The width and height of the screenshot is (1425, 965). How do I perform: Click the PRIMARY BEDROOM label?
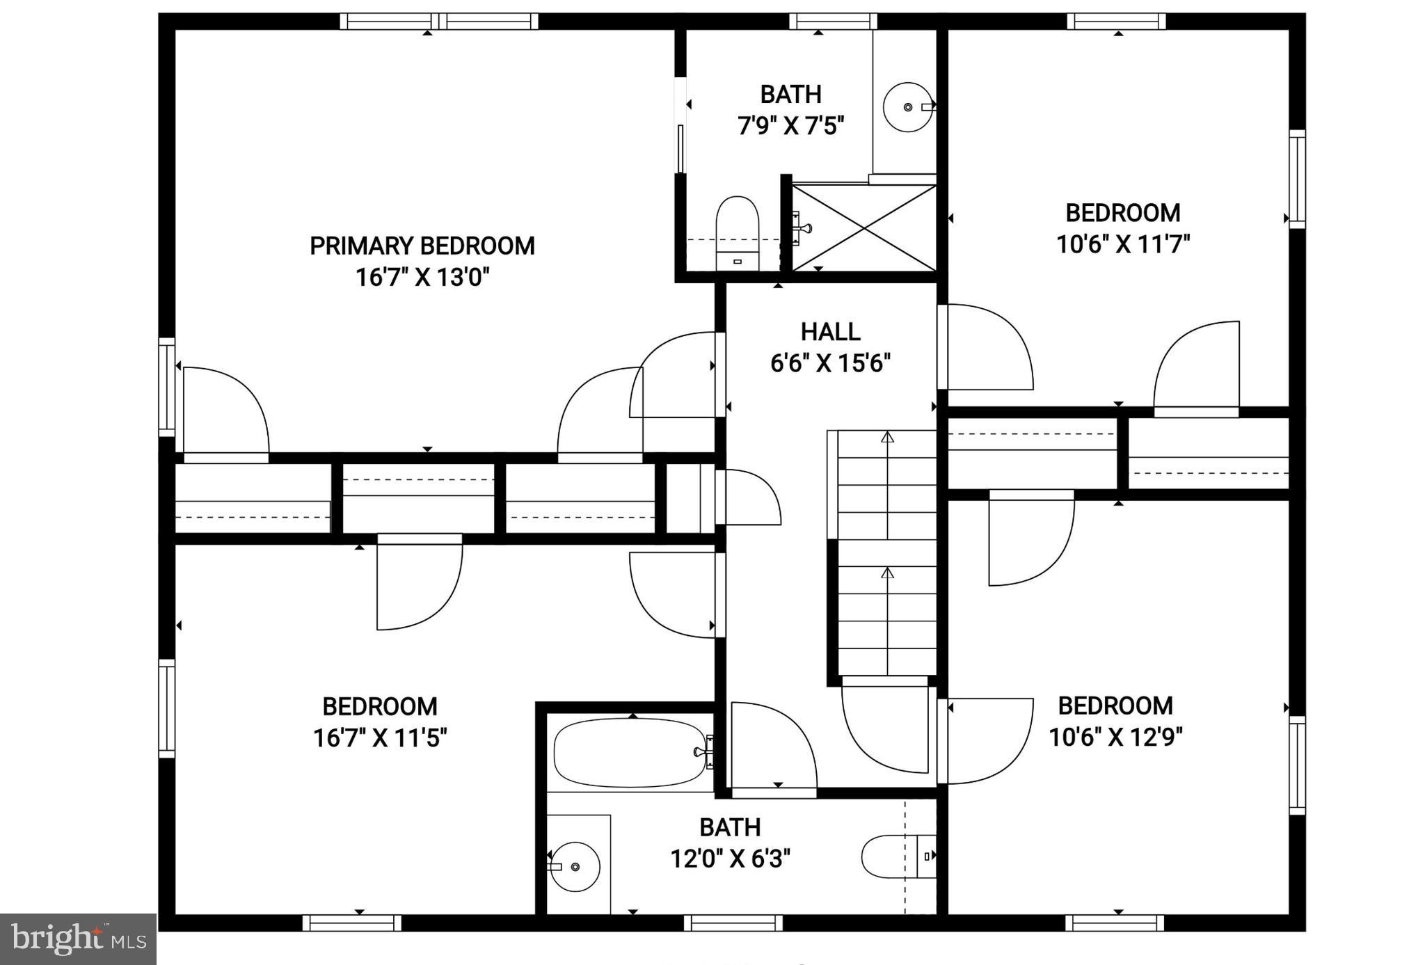(422, 246)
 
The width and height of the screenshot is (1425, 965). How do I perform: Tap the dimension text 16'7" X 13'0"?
(422, 278)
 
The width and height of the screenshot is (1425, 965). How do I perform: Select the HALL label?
(830, 332)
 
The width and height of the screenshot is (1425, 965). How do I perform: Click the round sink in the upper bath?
(908, 107)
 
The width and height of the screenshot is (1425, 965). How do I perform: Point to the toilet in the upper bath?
(737, 232)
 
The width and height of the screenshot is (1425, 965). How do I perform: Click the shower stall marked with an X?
(865, 228)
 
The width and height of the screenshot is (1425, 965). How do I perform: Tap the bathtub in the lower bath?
(630, 753)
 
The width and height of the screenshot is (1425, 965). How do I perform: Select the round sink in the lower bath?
(574, 866)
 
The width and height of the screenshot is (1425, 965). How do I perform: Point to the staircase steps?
(886, 553)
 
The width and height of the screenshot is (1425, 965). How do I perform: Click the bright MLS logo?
(78, 939)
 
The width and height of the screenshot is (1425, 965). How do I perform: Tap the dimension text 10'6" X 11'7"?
(1123, 245)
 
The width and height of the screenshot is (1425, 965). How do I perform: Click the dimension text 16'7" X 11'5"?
(380, 738)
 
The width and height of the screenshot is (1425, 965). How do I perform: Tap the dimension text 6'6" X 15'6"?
(830, 363)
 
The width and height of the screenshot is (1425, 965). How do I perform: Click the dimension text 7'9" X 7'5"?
(790, 127)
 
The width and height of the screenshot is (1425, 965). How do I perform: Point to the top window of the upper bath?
(833, 22)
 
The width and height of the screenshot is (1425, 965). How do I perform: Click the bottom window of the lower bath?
(733, 923)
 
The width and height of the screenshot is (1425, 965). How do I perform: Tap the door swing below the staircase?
(885, 727)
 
